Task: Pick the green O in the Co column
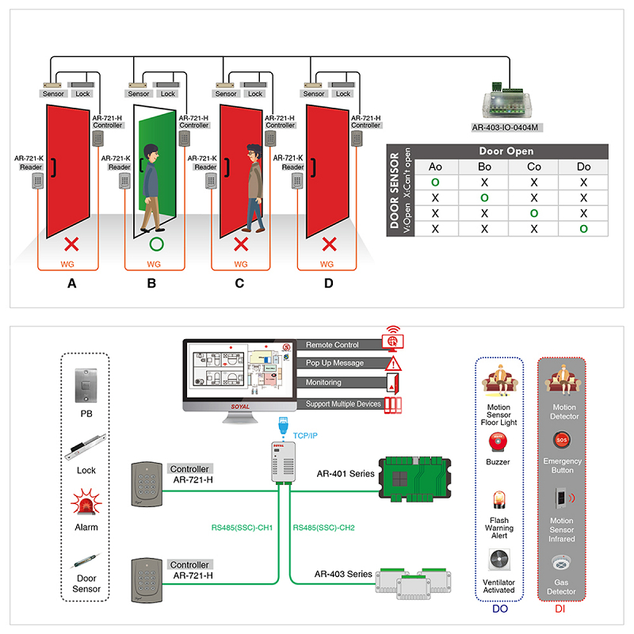click(534, 213)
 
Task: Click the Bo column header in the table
click(485, 166)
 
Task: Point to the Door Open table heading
click(506, 151)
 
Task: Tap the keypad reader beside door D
click(297, 181)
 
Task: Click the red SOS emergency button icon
click(562, 438)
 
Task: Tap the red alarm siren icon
click(86, 502)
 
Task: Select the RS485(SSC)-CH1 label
click(240, 528)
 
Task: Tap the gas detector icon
click(562, 566)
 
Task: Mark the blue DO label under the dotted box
click(500, 609)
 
